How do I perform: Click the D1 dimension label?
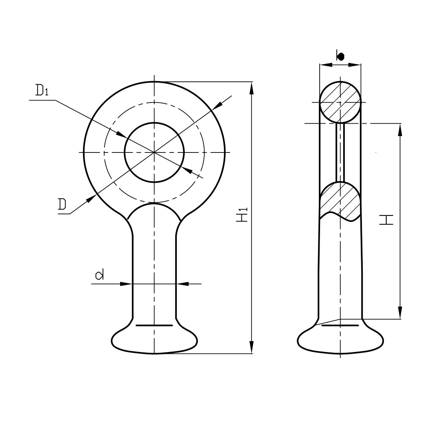[x=42, y=90]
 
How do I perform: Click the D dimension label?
[x=62, y=204]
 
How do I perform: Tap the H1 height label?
[x=242, y=215]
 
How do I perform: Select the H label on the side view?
[x=386, y=219]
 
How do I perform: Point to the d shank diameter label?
[x=99, y=275]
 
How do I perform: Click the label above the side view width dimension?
[x=340, y=56]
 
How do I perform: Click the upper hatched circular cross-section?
[x=340, y=102]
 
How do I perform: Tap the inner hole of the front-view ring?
[x=154, y=152]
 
